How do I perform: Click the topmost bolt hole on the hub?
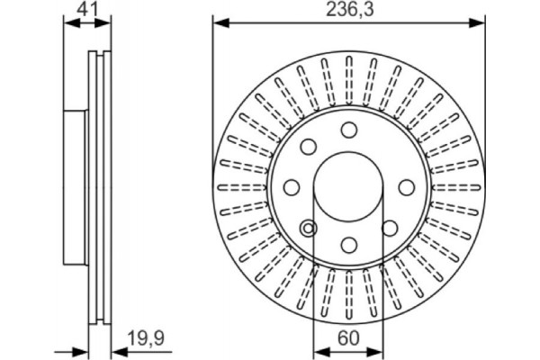[348, 130]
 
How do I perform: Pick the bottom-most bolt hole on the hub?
[348, 243]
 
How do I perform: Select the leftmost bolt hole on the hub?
[292, 187]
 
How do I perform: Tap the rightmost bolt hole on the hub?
[406, 187]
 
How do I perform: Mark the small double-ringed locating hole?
[309, 229]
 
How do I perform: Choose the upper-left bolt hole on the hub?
[308, 147]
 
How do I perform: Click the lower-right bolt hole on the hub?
[389, 228]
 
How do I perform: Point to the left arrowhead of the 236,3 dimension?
[219, 23]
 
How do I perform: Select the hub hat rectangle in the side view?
[77, 187]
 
